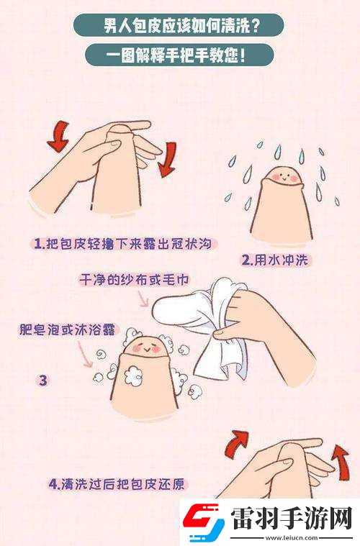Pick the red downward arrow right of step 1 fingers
(167, 158)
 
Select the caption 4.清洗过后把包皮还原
(118, 483)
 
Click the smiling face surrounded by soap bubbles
(148, 347)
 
